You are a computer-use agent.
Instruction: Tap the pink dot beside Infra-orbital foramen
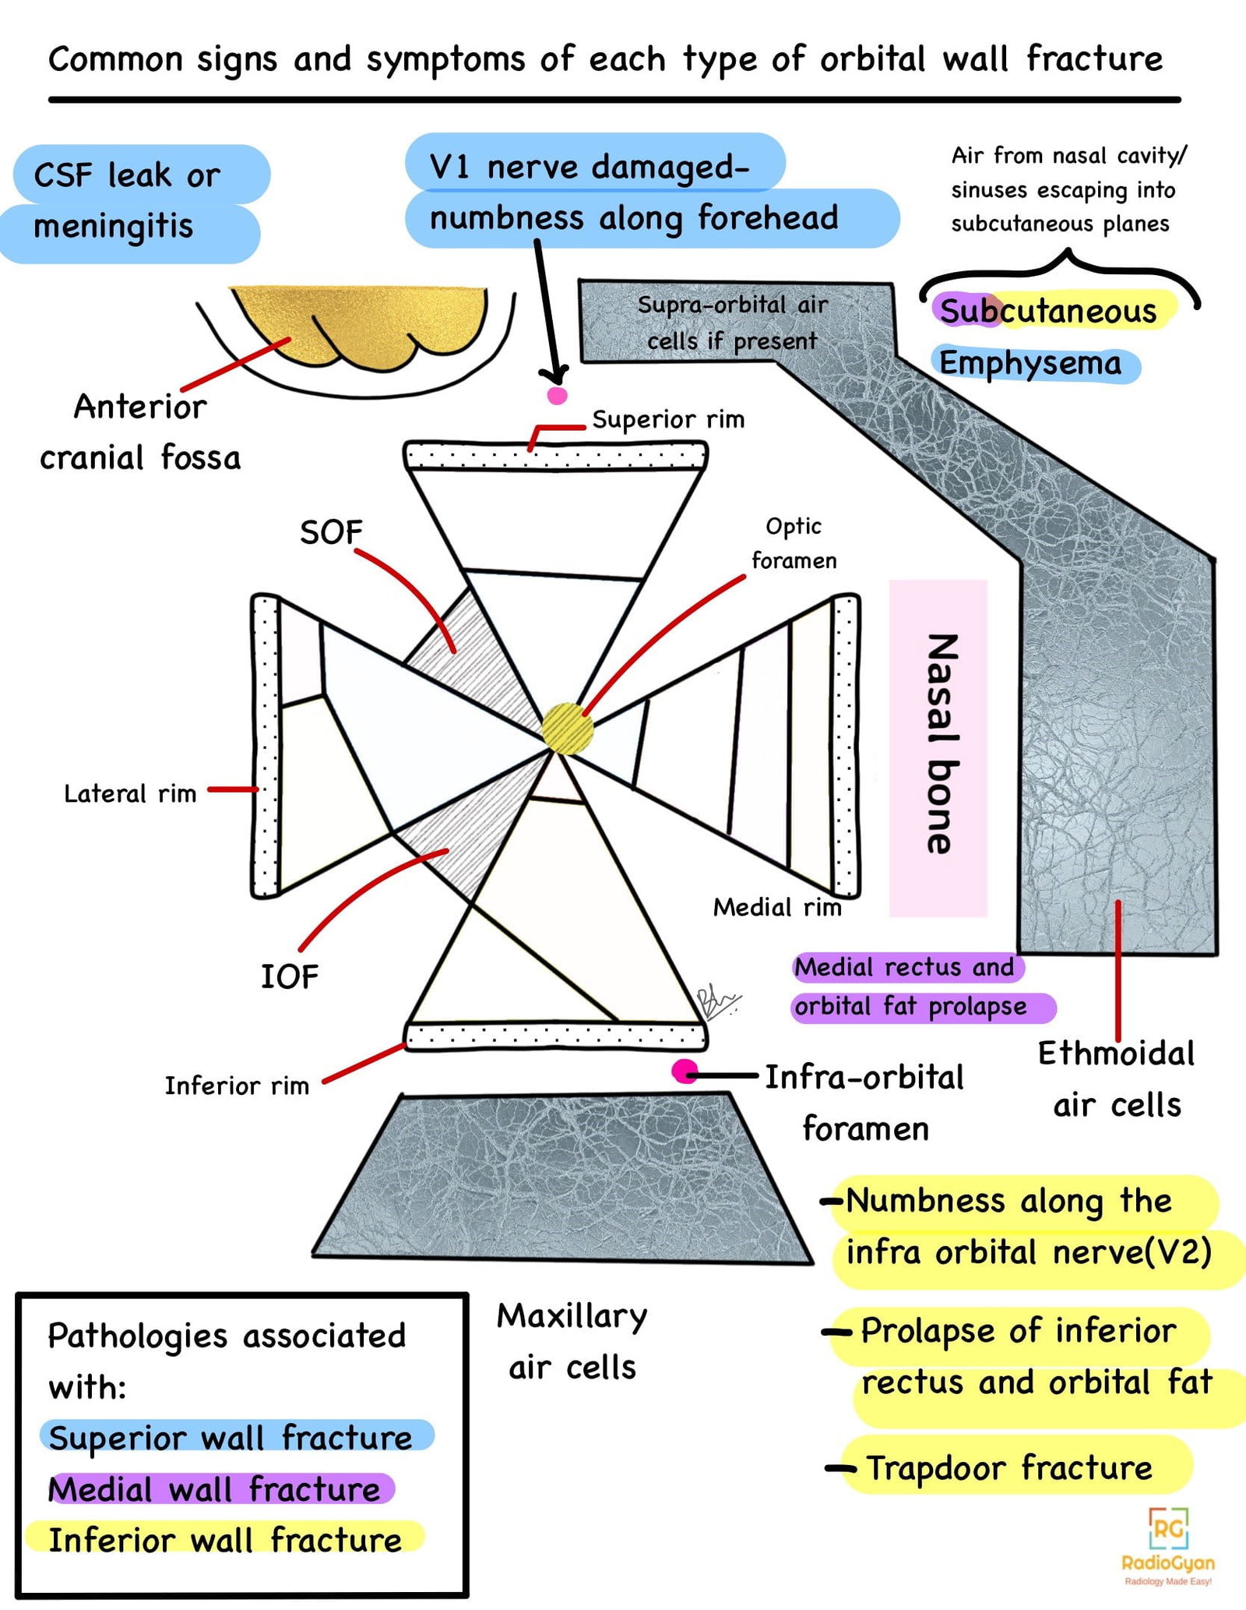685,1072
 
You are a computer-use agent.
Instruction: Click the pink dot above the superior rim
557,395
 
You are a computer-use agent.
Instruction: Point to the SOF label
331,533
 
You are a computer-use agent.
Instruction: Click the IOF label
289,976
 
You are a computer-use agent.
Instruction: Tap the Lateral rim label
129,794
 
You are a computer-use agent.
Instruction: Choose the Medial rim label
776,907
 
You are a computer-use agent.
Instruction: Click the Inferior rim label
237,1086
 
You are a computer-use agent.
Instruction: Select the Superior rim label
667,420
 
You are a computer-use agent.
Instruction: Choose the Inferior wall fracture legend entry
225,1541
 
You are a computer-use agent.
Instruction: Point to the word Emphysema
1030,364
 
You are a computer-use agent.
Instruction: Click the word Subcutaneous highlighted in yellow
1048,311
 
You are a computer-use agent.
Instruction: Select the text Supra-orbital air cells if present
732,323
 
